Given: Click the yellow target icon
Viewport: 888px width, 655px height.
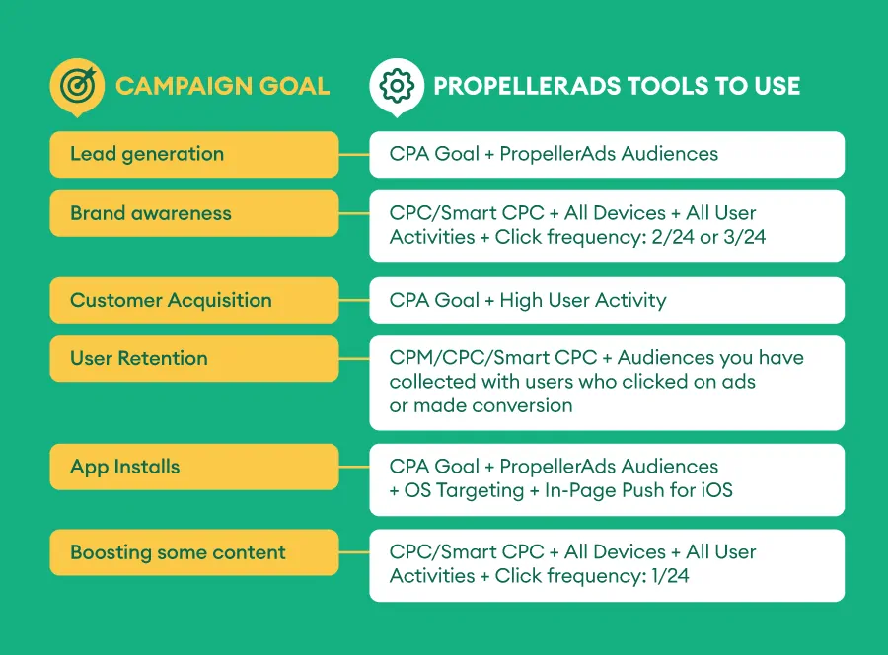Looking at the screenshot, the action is tap(77, 87).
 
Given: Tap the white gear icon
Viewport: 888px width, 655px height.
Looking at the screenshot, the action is tap(397, 87).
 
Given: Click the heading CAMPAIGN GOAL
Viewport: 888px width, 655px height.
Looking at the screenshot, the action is tap(223, 86).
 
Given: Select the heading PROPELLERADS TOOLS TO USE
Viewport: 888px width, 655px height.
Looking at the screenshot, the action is tap(617, 86).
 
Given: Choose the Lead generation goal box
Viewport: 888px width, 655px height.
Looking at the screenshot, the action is tap(194, 155).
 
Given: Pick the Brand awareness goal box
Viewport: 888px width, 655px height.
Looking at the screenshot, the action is tap(194, 213).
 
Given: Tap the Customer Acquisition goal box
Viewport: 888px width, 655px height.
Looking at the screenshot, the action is tap(194, 300).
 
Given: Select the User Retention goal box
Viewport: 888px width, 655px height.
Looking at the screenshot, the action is tap(194, 359).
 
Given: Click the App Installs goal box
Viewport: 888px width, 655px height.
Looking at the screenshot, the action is tap(194, 467).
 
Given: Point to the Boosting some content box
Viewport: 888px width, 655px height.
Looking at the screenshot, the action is tap(194, 552).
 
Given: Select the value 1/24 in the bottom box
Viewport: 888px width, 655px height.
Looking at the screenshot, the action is tap(670, 576).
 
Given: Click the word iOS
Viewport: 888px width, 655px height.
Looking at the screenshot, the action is tap(717, 490).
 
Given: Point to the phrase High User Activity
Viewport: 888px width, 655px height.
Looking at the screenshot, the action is tap(583, 300).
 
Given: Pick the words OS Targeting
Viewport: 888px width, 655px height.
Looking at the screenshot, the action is tap(464, 491).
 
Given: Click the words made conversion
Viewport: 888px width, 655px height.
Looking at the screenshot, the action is tap(493, 405).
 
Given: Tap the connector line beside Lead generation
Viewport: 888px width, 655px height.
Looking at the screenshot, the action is tap(354, 155).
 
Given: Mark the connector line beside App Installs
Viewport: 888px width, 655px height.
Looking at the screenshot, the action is tap(354, 467).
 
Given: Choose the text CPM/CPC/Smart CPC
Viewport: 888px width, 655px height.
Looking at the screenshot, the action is tap(492, 358).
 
